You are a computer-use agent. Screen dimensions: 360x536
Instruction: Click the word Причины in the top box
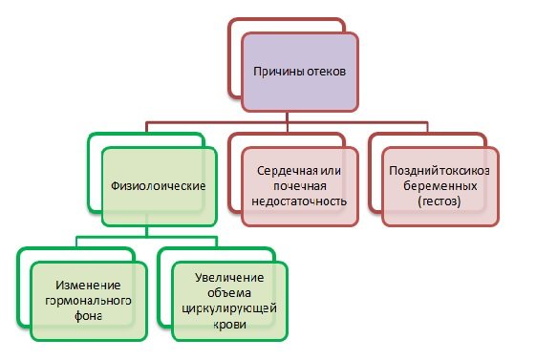tap(276, 72)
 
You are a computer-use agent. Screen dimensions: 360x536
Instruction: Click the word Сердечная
tap(285, 169)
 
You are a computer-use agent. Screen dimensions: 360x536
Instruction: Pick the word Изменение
tap(87, 286)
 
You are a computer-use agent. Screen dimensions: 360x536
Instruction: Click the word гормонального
tap(87, 302)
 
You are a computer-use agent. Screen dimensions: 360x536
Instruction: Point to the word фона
tap(87, 318)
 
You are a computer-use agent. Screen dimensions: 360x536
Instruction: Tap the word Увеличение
tap(228, 276)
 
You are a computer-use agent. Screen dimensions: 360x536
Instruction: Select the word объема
tap(228, 292)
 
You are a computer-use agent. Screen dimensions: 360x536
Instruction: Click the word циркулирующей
tap(228, 308)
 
